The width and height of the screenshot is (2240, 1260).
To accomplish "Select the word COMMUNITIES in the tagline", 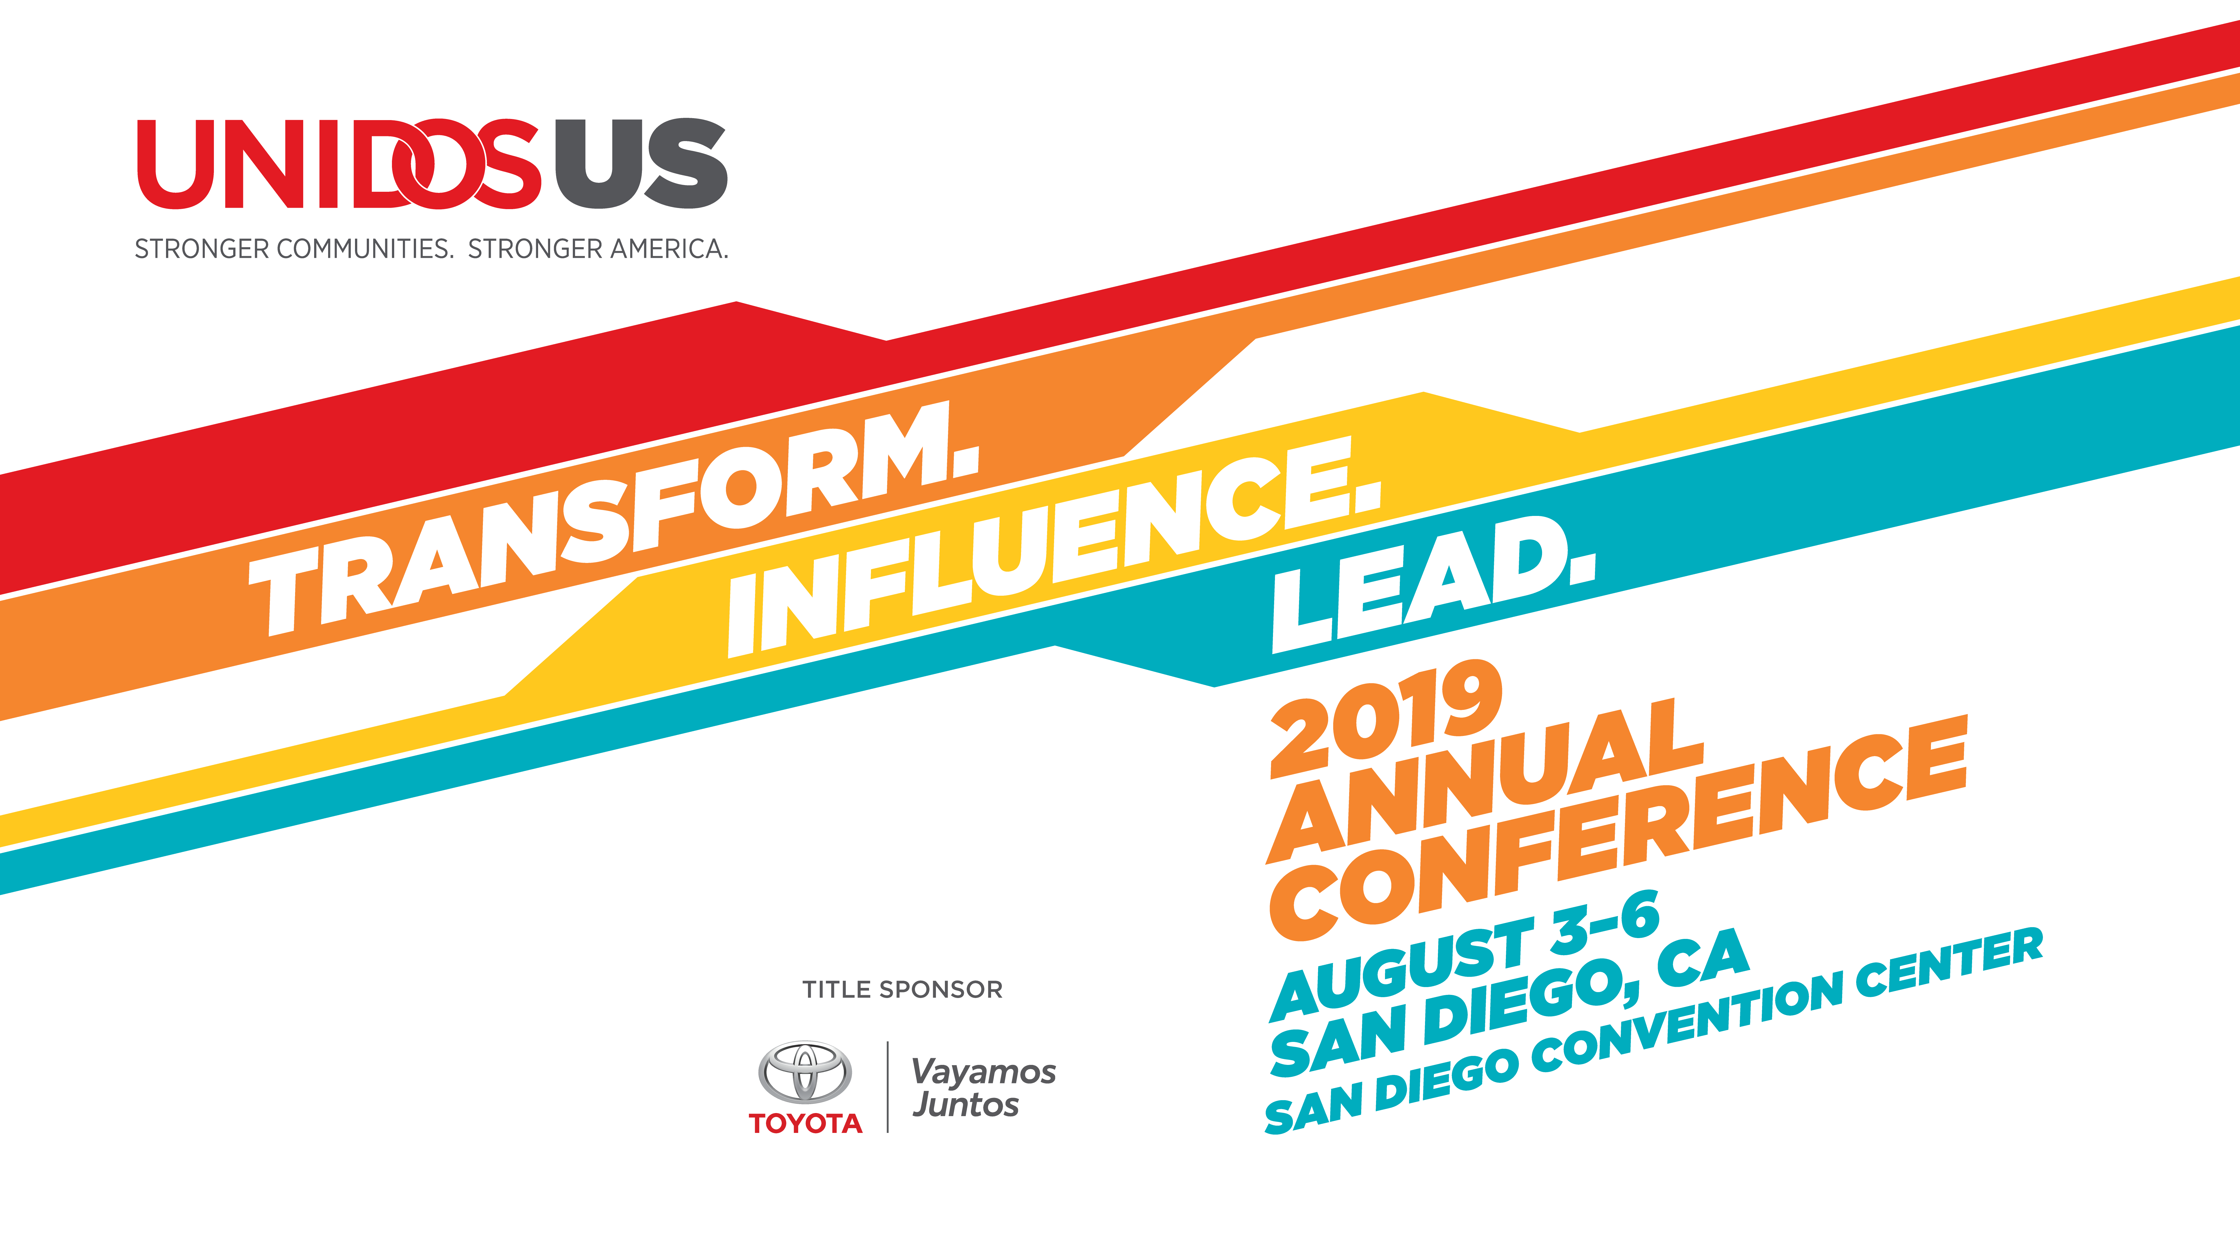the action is point(365,250).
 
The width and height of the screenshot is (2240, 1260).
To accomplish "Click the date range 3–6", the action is point(1604,922).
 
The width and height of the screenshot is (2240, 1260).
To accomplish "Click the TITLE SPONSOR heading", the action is point(903,990).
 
